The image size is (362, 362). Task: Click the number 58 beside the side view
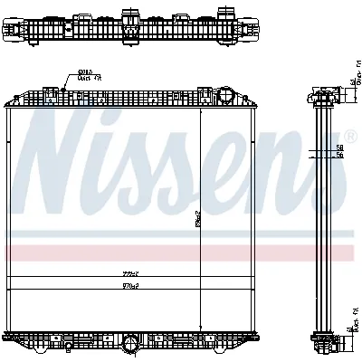tap(340, 146)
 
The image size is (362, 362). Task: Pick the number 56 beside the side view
tap(340, 156)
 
